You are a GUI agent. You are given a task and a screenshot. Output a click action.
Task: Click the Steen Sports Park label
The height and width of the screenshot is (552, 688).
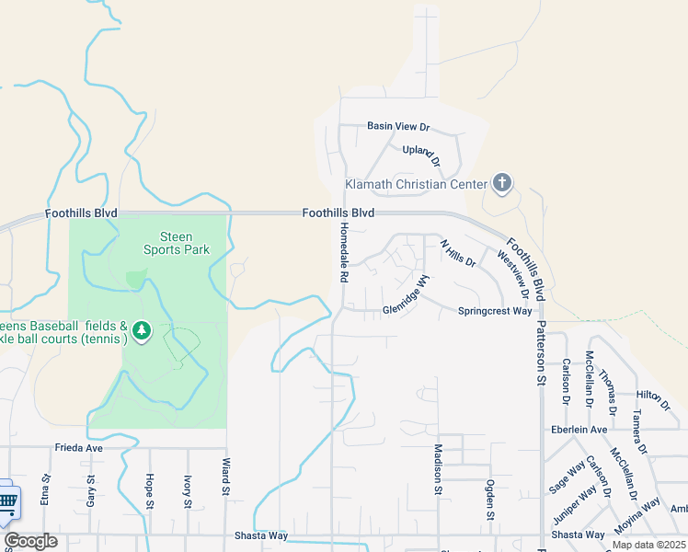177,243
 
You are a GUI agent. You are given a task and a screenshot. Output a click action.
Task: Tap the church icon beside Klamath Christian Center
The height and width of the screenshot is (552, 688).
501,183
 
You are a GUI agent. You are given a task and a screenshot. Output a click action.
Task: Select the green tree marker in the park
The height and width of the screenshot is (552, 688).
141,329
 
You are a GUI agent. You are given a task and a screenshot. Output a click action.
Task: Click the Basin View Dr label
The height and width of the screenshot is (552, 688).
398,126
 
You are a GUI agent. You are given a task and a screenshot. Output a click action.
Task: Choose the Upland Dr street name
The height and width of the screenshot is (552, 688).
422,155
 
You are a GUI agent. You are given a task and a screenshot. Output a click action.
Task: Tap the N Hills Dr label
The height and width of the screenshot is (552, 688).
457,254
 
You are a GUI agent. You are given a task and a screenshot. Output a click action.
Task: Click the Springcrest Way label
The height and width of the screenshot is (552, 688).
495,311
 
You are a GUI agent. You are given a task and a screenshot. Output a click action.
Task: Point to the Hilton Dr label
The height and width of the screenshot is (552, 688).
653,395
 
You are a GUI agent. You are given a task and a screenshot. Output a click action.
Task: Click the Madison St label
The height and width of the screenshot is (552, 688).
438,468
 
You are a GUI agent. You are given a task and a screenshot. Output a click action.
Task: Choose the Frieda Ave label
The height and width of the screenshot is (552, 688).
79,448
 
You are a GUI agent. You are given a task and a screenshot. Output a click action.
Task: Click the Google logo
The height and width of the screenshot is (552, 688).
30,541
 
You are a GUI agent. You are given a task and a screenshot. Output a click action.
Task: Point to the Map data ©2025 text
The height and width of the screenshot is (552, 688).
648,545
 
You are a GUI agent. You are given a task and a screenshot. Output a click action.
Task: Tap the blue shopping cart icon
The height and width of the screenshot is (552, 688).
6,501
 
